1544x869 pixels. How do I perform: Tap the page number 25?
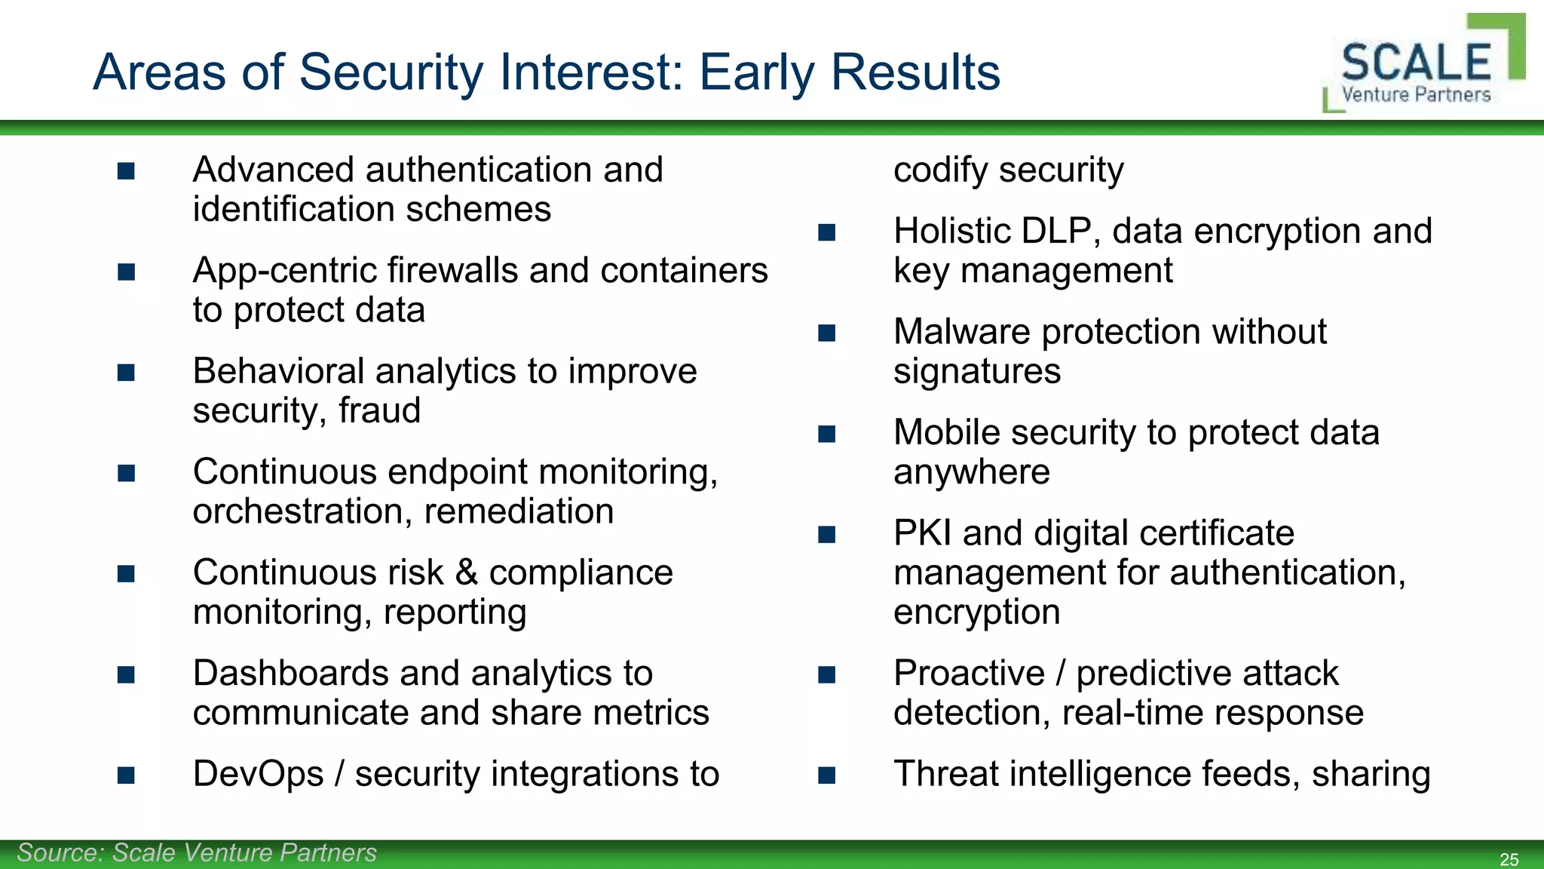[1509, 859]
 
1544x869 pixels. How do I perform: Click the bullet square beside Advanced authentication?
[126, 171]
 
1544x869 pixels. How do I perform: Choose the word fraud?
[379, 410]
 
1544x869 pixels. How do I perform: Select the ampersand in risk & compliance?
[467, 573]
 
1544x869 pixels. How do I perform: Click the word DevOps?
[258, 774]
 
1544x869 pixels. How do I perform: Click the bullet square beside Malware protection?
[827, 333]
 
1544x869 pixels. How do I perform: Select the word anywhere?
[971, 472]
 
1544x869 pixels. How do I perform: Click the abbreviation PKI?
[922, 533]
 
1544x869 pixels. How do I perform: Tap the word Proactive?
[969, 673]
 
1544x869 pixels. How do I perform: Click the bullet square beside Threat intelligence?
[827, 775]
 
